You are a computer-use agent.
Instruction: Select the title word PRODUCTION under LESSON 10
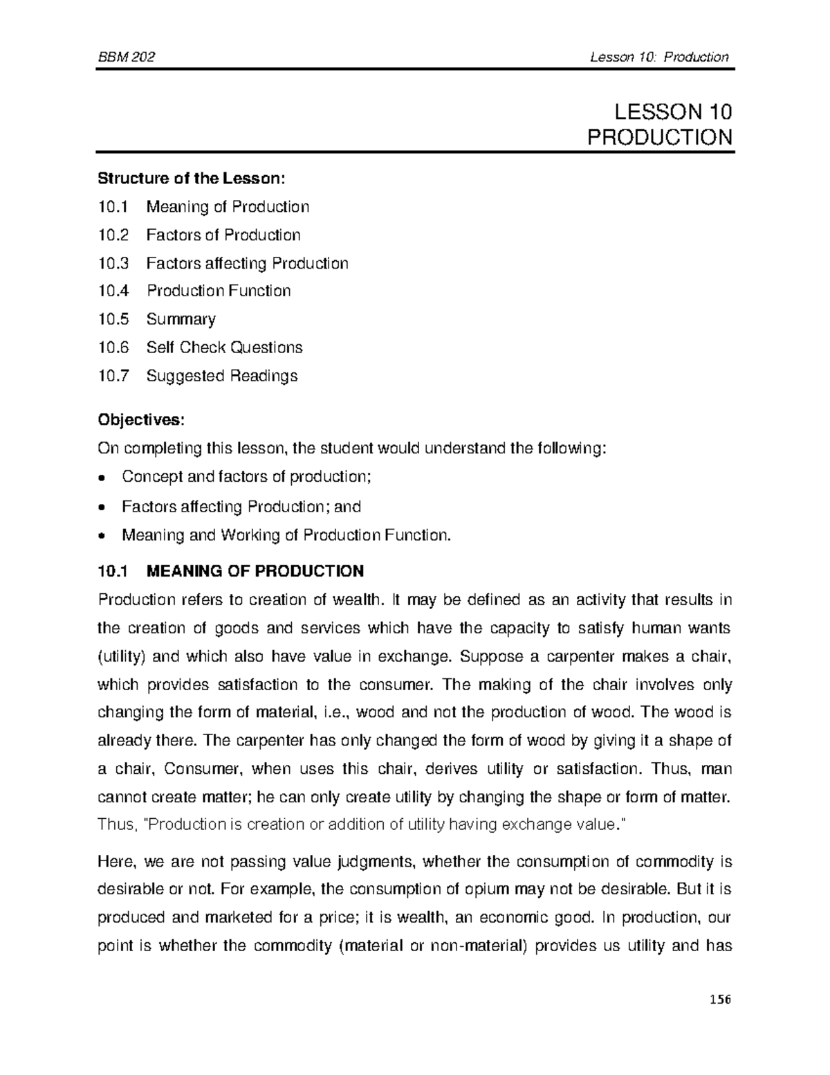659,137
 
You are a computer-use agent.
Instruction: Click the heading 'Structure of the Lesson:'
191,179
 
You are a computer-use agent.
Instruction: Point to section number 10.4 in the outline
113,291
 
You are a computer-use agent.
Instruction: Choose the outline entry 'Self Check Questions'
224,347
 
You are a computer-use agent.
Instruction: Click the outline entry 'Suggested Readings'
221,376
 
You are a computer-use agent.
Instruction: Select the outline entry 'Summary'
181,319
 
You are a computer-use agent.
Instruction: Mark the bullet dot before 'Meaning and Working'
102,536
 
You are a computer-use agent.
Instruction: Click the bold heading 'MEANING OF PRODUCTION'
255,571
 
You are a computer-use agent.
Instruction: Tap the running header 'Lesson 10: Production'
659,57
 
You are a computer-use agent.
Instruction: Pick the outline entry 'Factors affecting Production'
247,263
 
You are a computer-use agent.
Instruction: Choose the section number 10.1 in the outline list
113,207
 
